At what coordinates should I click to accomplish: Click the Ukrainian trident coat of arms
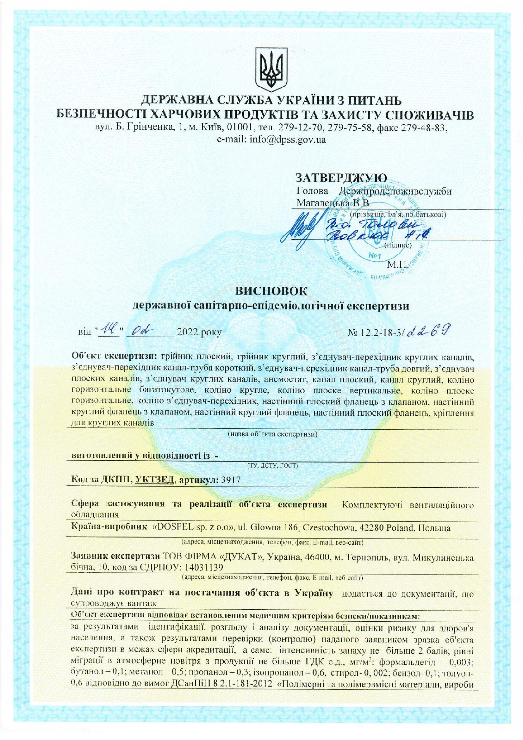coord(271,69)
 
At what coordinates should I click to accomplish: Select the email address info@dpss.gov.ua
coord(271,140)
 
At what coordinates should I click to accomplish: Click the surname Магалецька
coord(323,204)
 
